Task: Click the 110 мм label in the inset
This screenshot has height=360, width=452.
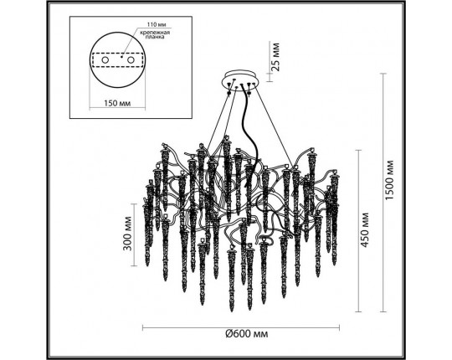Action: [x=157, y=24]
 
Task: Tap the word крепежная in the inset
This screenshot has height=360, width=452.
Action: [x=155, y=33]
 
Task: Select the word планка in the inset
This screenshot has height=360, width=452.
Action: [x=155, y=37]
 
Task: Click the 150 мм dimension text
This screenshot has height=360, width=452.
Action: [x=117, y=103]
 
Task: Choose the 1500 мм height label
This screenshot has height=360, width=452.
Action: [x=390, y=180]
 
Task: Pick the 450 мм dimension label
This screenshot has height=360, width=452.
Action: [x=365, y=230]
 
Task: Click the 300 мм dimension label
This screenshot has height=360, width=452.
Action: [x=127, y=234]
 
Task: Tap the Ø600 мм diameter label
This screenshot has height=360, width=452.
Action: [x=246, y=334]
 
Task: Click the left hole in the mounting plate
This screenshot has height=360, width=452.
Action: [x=105, y=60]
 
